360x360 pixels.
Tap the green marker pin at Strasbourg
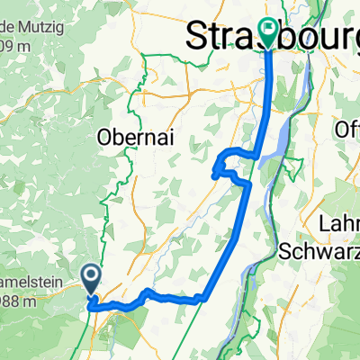pyautogui.click(x=269, y=32)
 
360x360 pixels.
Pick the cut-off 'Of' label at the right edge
pyautogui.click(x=346, y=128)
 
